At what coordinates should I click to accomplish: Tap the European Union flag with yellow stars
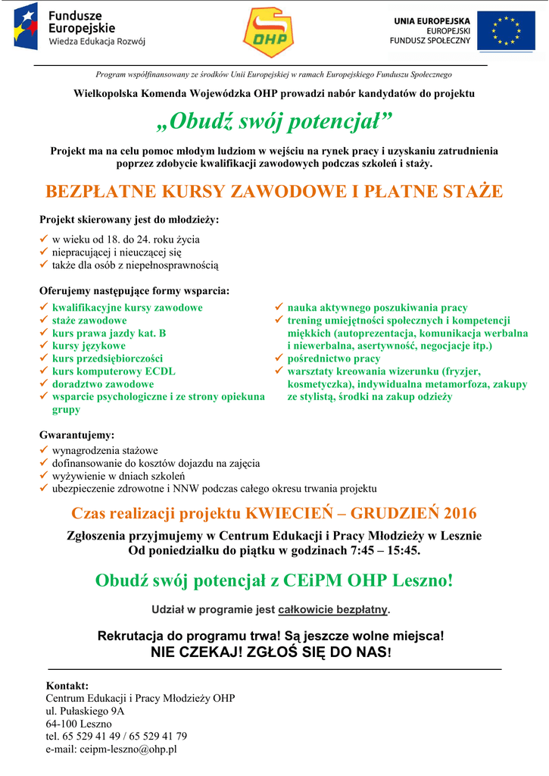(506, 33)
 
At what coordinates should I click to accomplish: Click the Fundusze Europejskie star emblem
(26, 27)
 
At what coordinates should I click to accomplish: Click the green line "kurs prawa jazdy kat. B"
(109, 333)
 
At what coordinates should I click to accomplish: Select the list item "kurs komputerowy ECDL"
(114, 371)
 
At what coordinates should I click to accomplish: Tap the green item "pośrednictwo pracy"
(334, 358)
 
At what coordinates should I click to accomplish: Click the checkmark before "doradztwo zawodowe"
(44, 383)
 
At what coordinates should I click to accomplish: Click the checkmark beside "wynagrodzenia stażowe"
(44, 450)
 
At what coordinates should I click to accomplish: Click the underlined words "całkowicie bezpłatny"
(333, 609)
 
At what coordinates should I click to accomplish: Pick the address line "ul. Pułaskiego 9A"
(85, 711)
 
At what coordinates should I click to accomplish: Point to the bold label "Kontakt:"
(67, 686)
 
